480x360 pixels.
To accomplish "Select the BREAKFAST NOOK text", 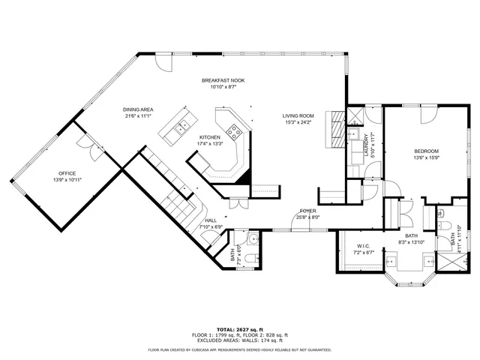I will pyautogui.click(x=223, y=80).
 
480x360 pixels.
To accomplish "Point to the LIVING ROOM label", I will pyautogui.click(x=298, y=115).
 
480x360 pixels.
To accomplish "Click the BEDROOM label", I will pyautogui.click(x=426, y=151).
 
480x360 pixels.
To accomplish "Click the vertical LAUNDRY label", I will pyautogui.click(x=367, y=142).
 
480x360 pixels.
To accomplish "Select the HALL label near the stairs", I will pyautogui.click(x=211, y=220).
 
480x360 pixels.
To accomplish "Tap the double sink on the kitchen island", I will pyautogui.click(x=179, y=129).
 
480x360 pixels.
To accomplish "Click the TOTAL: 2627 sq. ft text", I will pyautogui.click(x=240, y=329).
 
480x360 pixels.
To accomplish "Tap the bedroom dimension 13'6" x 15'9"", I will pyautogui.click(x=426, y=157).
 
